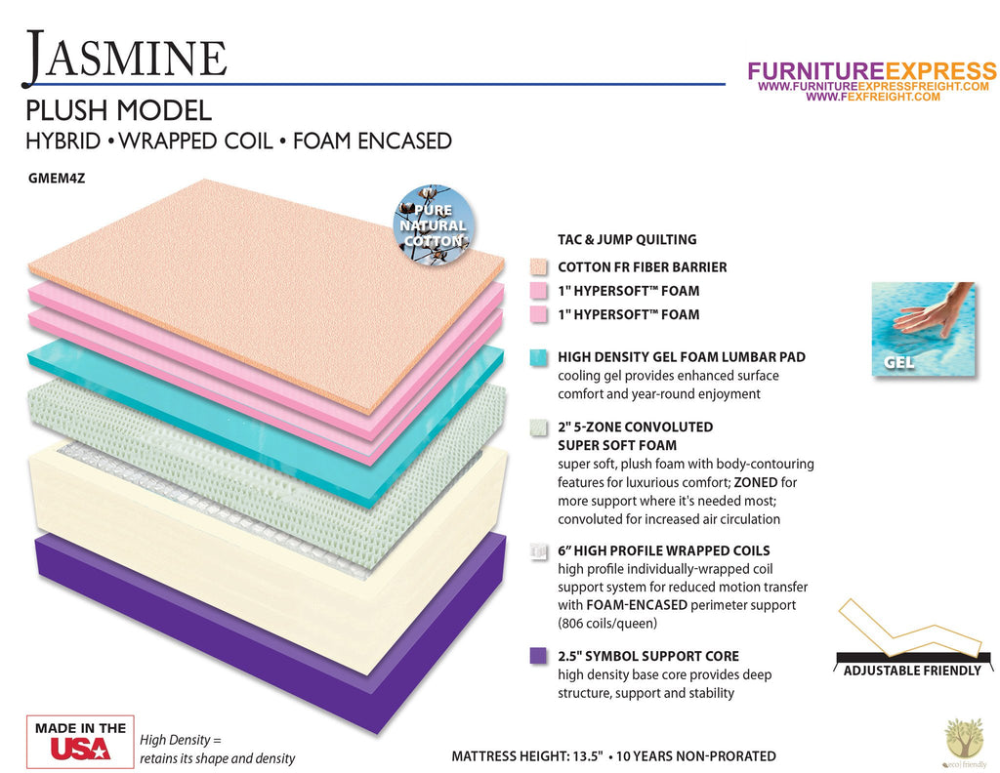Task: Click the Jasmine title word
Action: point(126,58)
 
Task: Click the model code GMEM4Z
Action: point(56,179)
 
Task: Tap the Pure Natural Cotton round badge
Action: point(434,224)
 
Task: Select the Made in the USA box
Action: point(80,741)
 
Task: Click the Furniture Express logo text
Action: point(872,70)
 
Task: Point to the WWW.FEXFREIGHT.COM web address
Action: point(872,97)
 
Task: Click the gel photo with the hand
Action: point(924,329)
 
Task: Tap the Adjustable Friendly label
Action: point(912,671)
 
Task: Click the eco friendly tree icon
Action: point(965,743)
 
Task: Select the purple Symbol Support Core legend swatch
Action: point(538,656)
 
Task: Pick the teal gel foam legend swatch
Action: point(538,357)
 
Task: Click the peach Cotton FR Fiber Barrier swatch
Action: point(538,267)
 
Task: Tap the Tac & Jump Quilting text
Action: point(627,240)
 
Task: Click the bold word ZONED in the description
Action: point(756,482)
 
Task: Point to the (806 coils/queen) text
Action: point(607,624)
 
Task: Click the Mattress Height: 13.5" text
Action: point(527,756)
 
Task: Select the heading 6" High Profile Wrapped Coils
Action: point(664,550)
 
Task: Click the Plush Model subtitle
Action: point(118,110)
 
